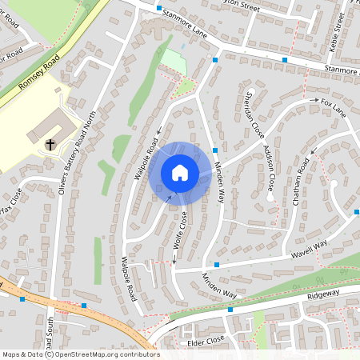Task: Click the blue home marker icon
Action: tap(179, 173)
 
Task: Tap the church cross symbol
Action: tap(50, 144)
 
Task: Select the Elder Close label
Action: tap(206, 341)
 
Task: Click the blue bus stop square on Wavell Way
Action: tap(216, 265)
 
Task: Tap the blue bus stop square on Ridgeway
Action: tap(230, 309)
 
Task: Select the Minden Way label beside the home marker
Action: tap(217, 181)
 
